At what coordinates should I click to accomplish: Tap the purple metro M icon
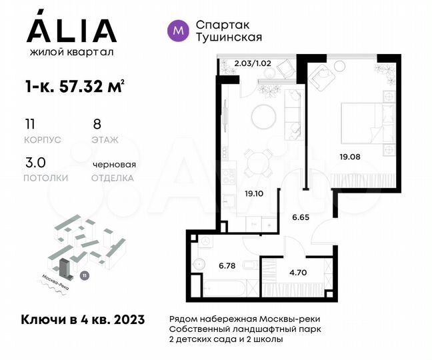coord(177,29)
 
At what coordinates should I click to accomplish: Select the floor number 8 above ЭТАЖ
coord(97,124)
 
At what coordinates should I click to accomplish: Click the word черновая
coord(114,164)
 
